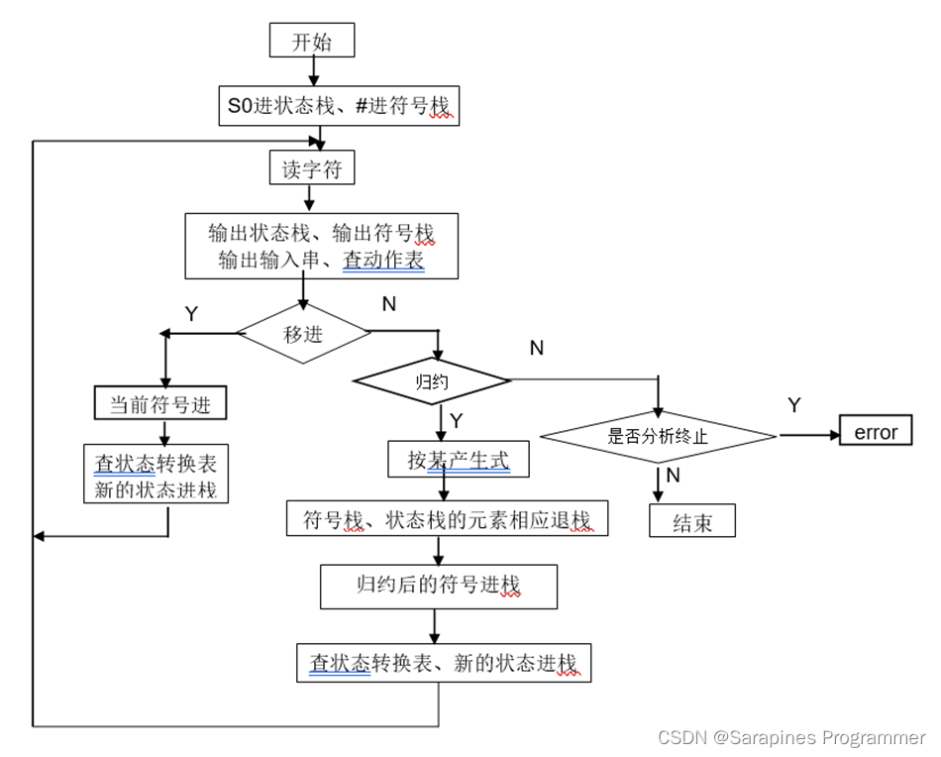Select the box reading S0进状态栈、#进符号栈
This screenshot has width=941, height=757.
[x=340, y=105]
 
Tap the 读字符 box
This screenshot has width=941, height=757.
[x=312, y=169]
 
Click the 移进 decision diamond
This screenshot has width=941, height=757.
[x=304, y=334]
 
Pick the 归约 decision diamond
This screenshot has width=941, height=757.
[x=432, y=381]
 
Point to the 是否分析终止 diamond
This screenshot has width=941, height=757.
[x=658, y=435]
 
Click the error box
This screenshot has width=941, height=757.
[x=876, y=433]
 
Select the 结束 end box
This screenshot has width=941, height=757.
[x=692, y=521]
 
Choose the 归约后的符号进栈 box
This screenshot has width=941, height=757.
[x=439, y=586]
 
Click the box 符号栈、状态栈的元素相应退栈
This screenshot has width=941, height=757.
[x=447, y=519]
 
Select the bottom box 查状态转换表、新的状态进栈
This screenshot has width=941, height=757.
[x=444, y=663]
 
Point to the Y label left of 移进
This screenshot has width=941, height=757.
[x=191, y=314]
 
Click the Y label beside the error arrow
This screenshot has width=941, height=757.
[x=794, y=404]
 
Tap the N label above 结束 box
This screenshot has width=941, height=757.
[x=673, y=476]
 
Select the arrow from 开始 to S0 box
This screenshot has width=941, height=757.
[x=313, y=70]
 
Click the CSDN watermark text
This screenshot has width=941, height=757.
[x=790, y=738]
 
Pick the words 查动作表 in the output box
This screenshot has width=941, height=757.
[x=383, y=262]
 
